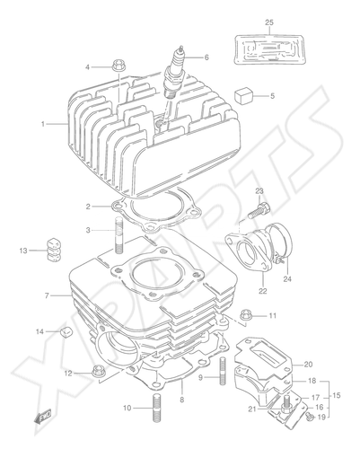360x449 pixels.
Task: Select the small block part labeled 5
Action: (243, 95)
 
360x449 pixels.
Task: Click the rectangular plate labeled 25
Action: (270, 49)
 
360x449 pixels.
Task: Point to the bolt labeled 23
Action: (259, 210)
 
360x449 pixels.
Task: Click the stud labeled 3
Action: (119, 235)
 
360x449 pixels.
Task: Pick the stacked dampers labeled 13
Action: (53, 251)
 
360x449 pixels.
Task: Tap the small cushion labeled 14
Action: (67, 331)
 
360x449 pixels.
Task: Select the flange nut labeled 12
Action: (97, 372)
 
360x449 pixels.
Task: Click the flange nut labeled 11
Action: (246, 315)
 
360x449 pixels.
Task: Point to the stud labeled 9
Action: (224, 372)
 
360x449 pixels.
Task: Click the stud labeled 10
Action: (156, 408)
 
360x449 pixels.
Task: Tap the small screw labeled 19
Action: (310, 415)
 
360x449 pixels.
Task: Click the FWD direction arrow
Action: (43, 416)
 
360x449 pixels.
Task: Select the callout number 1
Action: (43, 124)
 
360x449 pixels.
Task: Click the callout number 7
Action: (47, 295)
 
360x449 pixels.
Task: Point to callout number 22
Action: (263, 291)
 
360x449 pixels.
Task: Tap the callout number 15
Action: (337, 395)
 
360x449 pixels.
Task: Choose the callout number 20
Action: (308, 365)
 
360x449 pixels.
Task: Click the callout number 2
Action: (88, 207)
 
